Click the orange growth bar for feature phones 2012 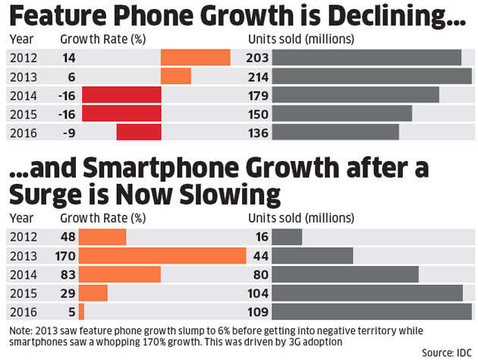[x=195, y=58]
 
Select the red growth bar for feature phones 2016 [x=139, y=132]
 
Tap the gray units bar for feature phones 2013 [x=371, y=76]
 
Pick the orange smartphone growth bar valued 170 [x=162, y=255]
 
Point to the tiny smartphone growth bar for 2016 [x=81, y=311]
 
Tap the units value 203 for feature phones [x=259, y=58]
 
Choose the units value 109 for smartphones [x=259, y=311]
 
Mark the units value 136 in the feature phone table [x=259, y=132]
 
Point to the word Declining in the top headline [x=395, y=17]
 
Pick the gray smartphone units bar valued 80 [x=345, y=274]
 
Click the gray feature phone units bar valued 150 [x=341, y=113]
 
